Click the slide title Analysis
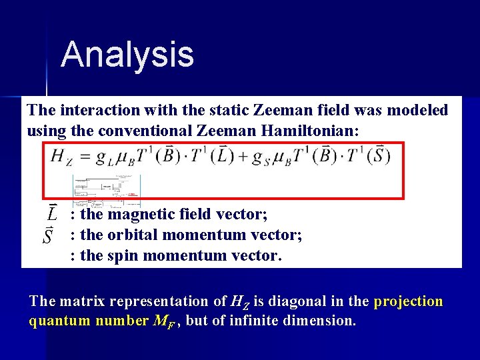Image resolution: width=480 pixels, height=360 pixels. [127, 55]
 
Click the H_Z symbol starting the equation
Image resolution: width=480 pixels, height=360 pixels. [61, 158]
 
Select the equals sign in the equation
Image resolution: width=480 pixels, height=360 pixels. [83, 157]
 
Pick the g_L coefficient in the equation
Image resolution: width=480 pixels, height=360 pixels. [101, 159]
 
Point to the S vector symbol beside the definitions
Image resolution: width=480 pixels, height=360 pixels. [48, 235]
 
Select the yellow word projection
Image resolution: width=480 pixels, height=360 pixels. [408, 301]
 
